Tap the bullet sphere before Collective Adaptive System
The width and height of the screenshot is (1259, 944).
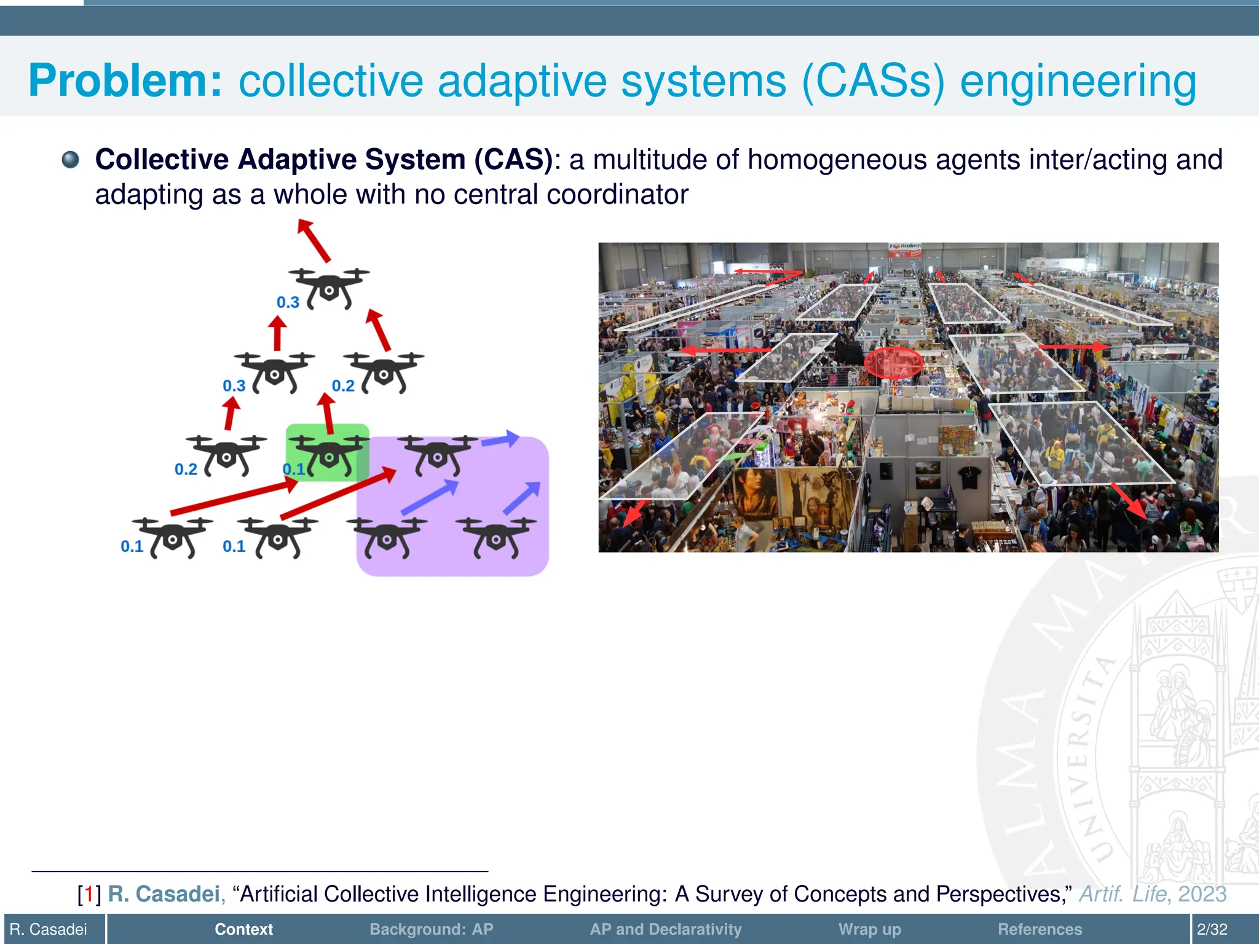pos(71,160)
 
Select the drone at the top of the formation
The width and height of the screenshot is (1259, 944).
pos(330,288)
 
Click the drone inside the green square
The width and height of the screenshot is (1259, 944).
pos(329,455)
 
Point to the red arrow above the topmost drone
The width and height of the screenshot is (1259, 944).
pos(314,240)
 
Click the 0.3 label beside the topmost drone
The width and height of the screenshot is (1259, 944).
pos(288,302)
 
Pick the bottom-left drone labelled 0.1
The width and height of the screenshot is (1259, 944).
pos(173,537)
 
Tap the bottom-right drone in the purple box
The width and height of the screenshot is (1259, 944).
pos(495,537)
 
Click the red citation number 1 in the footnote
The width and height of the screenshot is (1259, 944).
pos(89,894)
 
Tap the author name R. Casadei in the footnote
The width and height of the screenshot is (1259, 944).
pos(164,894)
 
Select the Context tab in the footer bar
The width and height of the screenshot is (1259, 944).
pos(243,929)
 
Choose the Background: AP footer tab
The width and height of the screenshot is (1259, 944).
pos(431,929)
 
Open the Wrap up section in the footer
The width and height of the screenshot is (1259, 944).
pos(869,929)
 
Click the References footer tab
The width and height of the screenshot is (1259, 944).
pos(1040,929)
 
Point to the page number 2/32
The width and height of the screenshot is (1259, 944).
pos(1212,929)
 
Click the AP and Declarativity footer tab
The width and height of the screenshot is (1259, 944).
pos(666,929)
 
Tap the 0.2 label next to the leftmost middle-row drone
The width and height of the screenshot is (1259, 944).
pos(186,470)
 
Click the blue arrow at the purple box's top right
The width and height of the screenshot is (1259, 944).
pos(500,439)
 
